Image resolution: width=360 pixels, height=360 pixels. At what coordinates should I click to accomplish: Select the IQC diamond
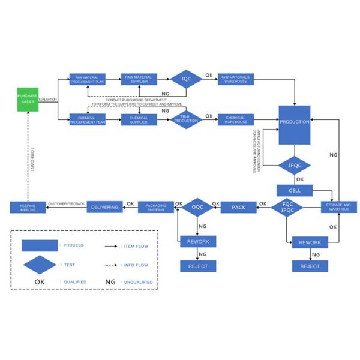[x=186, y=79]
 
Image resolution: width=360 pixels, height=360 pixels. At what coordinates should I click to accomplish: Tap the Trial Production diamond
[x=186, y=119]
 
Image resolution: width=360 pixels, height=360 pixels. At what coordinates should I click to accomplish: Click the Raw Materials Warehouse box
[x=236, y=79]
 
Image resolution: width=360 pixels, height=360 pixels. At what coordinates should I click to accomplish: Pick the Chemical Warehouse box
[x=236, y=119]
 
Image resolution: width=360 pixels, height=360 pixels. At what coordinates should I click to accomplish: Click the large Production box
[x=295, y=125]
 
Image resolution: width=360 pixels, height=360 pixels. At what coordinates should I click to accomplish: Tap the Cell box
[x=295, y=190]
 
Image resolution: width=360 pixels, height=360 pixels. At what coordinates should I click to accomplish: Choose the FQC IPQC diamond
[x=287, y=207]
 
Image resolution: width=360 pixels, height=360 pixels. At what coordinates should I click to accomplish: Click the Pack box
[x=239, y=208]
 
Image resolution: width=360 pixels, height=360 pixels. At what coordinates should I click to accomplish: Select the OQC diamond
[x=198, y=208]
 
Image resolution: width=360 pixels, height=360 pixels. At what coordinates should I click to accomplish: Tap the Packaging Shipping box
[x=156, y=208]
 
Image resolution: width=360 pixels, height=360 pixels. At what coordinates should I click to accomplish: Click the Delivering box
[x=105, y=208]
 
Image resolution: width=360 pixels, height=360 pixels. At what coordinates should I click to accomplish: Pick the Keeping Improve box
[x=28, y=208]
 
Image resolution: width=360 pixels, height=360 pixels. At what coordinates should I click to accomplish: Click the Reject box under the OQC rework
[x=198, y=266]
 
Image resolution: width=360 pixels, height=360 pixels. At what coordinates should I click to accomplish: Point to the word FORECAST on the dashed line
[x=32, y=159]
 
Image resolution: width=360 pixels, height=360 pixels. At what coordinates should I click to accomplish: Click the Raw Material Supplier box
[x=139, y=79]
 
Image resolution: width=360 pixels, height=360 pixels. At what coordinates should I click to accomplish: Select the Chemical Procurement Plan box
[x=88, y=119]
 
